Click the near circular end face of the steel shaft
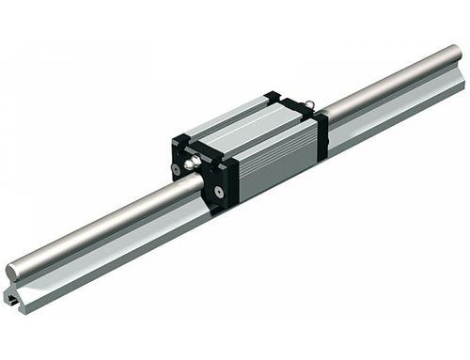point(14,273)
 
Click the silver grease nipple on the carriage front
point(192,166)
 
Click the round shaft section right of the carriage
point(385,94)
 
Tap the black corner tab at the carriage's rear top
point(274,97)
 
